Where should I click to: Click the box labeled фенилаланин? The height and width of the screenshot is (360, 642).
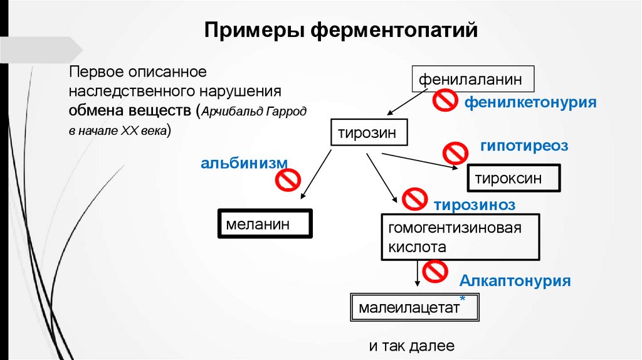[x=473, y=80]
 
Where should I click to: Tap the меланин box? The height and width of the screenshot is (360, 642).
[x=265, y=223]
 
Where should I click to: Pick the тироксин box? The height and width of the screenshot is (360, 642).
[x=513, y=177]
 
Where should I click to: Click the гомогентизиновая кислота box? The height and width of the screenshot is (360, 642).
[x=460, y=237]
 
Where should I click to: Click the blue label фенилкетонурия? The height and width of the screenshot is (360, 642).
[x=530, y=102]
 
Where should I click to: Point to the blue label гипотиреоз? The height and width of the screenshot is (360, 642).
[x=524, y=146]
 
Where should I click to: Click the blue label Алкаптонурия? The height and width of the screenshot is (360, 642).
[x=515, y=280]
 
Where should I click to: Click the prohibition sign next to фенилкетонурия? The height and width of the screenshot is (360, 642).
[x=446, y=99]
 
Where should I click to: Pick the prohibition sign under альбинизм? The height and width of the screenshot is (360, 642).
[x=288, y=181]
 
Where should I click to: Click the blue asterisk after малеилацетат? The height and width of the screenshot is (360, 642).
[x=462, y=299]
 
